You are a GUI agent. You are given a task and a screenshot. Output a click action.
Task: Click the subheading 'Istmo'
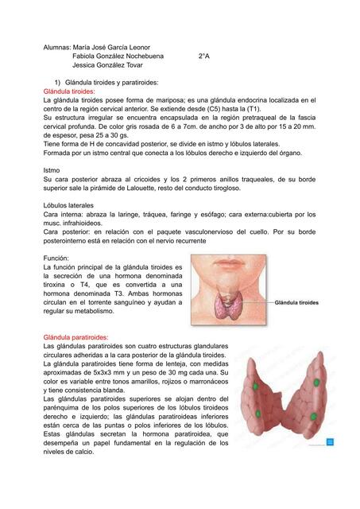51,170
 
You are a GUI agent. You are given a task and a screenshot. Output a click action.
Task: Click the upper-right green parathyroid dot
316,383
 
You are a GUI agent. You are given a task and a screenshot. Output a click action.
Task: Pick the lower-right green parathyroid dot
314,416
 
